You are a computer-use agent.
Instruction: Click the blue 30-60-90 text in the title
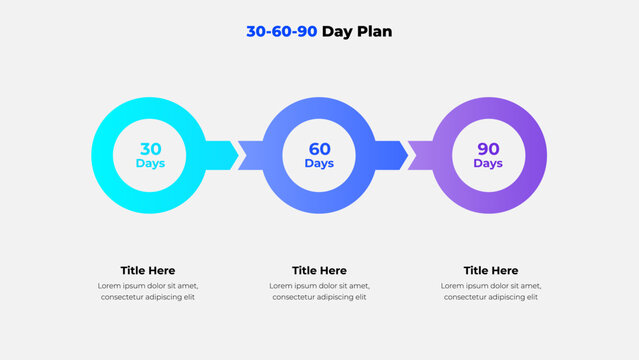click(281, 31)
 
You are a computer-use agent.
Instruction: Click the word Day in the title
click(339, 31)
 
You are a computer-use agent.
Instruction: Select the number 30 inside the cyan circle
click(150, 149)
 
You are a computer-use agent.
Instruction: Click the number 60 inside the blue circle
click(319, 149)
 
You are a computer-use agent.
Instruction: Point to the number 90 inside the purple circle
click(488, 149)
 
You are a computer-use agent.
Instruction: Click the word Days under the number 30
click(150, 164)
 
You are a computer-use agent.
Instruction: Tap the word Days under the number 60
click(319, 164)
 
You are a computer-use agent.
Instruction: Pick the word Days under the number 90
click(488, 164)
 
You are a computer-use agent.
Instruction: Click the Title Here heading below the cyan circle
click(148, 270)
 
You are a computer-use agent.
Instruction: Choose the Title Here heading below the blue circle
click(319, 270)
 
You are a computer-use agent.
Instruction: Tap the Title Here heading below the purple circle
click(491, 270)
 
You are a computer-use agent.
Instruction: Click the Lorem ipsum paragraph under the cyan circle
click(148, 291)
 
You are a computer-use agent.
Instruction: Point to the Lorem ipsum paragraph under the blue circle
click(319, 291)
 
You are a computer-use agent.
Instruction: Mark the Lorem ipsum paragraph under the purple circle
click(491, 291)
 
